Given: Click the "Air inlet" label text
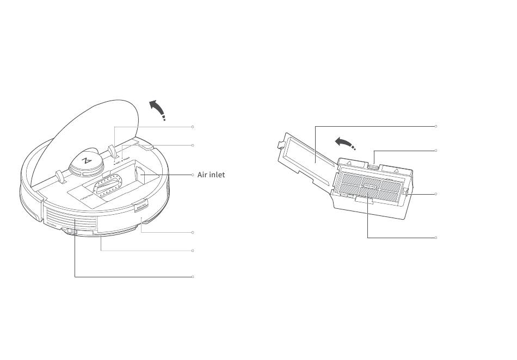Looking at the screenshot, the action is pos(211,175).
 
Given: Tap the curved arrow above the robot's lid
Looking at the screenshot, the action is pos(158,109).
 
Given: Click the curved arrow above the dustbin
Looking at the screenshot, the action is pos(345,143).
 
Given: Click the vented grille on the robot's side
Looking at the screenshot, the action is pos(71,220).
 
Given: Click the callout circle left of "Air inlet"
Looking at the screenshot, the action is pos(193,175).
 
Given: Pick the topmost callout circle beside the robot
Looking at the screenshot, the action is pos(193,127).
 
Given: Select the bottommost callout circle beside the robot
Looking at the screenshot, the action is pos(193,277).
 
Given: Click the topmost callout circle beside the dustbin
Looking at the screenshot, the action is pos(436,127).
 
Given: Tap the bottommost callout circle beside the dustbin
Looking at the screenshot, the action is pos(436,238).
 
